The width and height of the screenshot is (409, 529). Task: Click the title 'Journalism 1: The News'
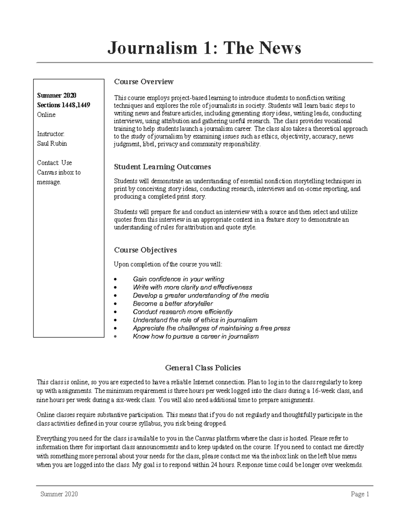pos(204,48)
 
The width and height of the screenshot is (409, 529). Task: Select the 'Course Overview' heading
pos(143,82)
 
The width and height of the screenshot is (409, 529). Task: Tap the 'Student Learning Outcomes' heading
pos(162,167)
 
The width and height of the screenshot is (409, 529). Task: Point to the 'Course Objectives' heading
pos(145,250)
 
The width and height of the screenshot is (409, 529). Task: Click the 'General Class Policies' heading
pos(203,368)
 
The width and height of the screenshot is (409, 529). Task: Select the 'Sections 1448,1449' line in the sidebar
pos(63,105)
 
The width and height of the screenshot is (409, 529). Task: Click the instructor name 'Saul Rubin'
pos(52,143)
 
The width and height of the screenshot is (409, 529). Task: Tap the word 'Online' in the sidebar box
pos(46,115)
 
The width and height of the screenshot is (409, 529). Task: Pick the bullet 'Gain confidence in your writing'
pos(178,279)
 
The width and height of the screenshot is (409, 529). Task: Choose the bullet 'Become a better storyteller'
pos(173,304)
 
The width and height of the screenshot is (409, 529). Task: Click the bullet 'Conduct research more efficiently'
pos(182,312)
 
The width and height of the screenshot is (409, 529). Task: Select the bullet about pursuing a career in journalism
pos(196,337)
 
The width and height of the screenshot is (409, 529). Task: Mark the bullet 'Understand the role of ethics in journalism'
pos(195,320)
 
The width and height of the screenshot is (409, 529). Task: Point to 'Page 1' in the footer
pos(360,494)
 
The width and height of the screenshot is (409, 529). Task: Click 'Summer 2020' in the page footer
pos(59,494)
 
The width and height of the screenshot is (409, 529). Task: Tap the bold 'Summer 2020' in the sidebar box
pos(57,95)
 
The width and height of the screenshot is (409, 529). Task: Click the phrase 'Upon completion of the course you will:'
pos(168,264)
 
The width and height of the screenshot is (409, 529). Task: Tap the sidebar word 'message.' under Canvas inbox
pos(49,182)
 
